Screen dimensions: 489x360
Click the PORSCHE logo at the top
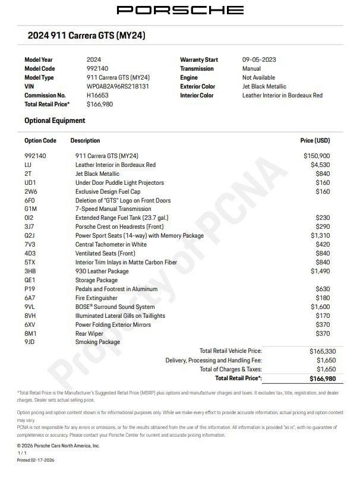click(x=179, y=10)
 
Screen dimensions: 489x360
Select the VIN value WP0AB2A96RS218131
click(x=118, y=86)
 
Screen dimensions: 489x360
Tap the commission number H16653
click(x=98, y=95)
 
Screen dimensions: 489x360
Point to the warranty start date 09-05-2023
click(x=259, y=59)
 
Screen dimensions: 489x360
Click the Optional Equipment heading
click(x=55, y=121)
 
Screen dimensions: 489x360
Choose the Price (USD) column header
click(x=315, y=141)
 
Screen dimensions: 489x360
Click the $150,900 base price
click(x=316, y=156)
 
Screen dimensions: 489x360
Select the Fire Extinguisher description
click(x=96, y=298)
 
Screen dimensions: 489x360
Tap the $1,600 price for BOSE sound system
click(x=320, y=307)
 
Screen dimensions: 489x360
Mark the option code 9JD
click(x=30, y=342)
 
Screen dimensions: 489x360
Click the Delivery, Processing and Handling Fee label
click(x=213, y=360)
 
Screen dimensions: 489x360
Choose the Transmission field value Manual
click(x=252, y=68)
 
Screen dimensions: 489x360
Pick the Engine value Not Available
click(x=258, y=77)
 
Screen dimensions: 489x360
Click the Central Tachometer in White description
click(x=111, y=244)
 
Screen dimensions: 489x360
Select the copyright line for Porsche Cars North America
click(x=58, y=445)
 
